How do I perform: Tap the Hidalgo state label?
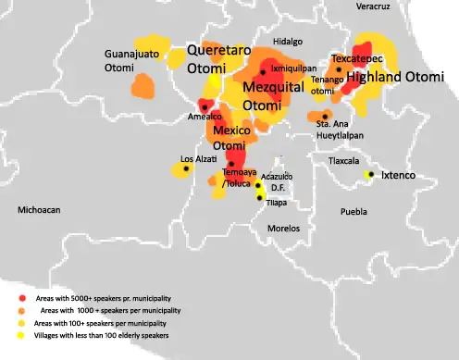pos(287,42)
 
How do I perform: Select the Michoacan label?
pos(39,211)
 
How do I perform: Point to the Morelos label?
pos(283,227)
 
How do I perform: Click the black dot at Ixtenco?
pos(371,174)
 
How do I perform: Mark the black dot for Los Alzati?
pos(187,169)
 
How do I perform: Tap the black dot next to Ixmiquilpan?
pos(264,71)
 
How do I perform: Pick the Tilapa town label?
pos(276,202)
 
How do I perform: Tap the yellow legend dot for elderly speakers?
pos(22,336)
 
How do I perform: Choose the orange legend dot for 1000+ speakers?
pos(22,310)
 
